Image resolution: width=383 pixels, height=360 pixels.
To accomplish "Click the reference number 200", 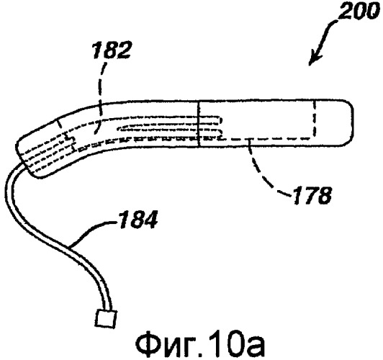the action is pyautogui.click(x=358, y=12).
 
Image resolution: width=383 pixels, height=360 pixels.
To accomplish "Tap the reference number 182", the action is pyautogui.click(x=112, y=50).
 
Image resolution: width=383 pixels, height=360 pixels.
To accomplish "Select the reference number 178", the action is pyautogui.click(x=312, y=195).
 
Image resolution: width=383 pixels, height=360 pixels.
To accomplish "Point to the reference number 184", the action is pyautogui.click(x=138, y=220).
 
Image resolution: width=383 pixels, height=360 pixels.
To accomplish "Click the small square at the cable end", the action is pyautogui.click(x=107, y=318).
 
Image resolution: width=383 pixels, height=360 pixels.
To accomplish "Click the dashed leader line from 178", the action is pyautogui.click(x=263, y=171).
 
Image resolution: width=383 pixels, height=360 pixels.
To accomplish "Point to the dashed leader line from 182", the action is pyautogui.click(x=101, y=98).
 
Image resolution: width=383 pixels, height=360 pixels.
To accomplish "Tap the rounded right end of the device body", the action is pyautogui.click(x=352, y=123).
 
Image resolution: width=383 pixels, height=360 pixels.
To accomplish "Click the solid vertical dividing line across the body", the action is pyautogui.click(x=199, y=124).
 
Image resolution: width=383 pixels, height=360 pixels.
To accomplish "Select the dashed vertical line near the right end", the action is pyautogui.click(x=315, y=120).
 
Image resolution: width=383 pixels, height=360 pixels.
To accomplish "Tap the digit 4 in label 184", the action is pyautogui.click(x=150, y=220).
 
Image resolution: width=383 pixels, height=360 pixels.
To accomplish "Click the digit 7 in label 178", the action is pyautogui.click(x=310, y=195).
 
